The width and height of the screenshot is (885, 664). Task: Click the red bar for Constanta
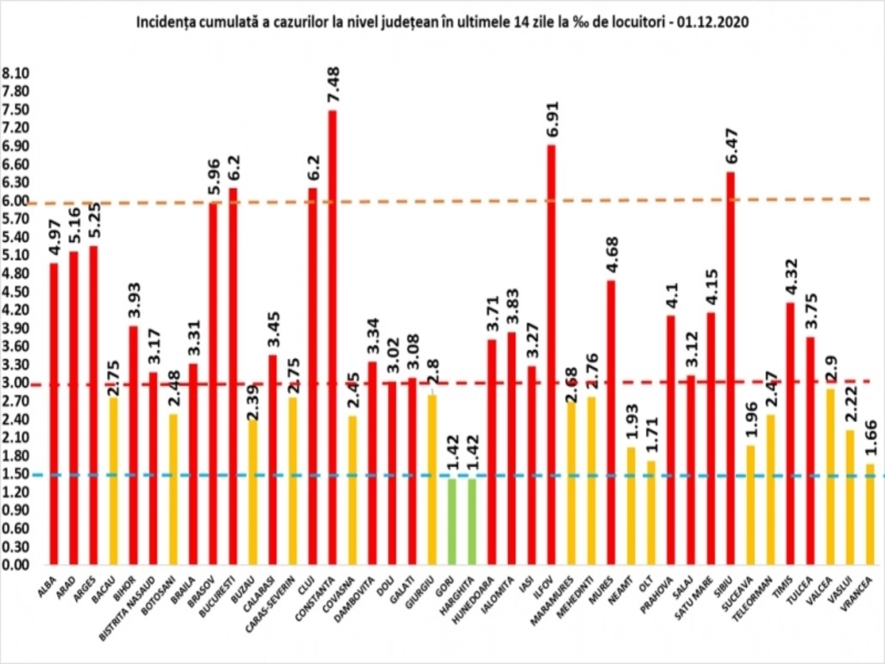(x=332, y=338)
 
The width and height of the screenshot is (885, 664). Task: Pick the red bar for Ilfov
(x=551, y=354)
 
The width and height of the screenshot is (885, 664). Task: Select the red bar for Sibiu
(x=731, y=368)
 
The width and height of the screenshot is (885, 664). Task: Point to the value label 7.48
(x=334, y=84)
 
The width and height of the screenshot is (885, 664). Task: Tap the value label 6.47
(x=731, y=146)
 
